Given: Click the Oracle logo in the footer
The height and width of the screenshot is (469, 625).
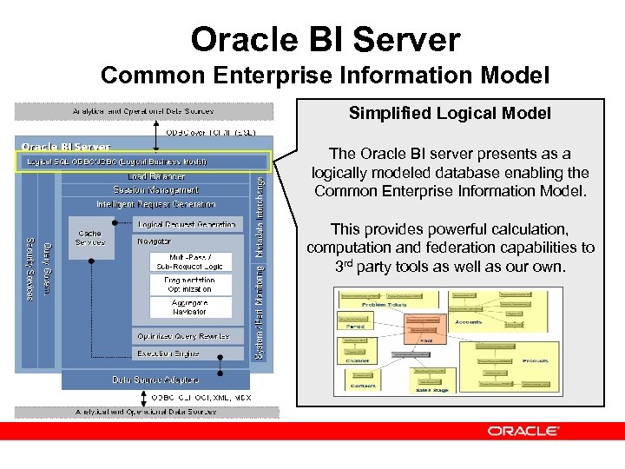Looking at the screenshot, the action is click(x=523, y=431).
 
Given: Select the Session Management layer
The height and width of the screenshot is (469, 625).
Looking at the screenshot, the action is click(x=155, y=190).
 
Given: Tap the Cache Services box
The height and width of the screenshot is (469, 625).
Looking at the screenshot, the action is click(x=89, y=238).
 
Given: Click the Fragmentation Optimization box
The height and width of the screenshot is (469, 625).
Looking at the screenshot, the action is click(x=189, y=285).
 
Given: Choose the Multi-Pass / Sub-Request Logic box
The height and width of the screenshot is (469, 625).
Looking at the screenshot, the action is click(x=189, y=261).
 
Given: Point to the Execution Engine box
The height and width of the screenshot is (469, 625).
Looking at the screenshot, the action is click(x=168, y=353).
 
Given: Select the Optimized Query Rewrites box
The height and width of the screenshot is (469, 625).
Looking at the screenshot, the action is click(x=182, y=336).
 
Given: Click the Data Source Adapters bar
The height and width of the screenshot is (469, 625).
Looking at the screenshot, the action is click(x=155, y=380).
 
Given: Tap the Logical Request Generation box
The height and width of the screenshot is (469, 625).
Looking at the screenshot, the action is click(x=186, y=224).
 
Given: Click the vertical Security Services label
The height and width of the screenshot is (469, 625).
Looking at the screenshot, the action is click(x=29, y=269).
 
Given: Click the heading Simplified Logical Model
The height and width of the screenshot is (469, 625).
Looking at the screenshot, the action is click(x=450, y=114).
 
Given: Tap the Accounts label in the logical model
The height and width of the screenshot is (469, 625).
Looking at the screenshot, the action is click(x=468, y=321).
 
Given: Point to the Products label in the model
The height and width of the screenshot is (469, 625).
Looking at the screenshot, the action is click(x=535, y=360).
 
